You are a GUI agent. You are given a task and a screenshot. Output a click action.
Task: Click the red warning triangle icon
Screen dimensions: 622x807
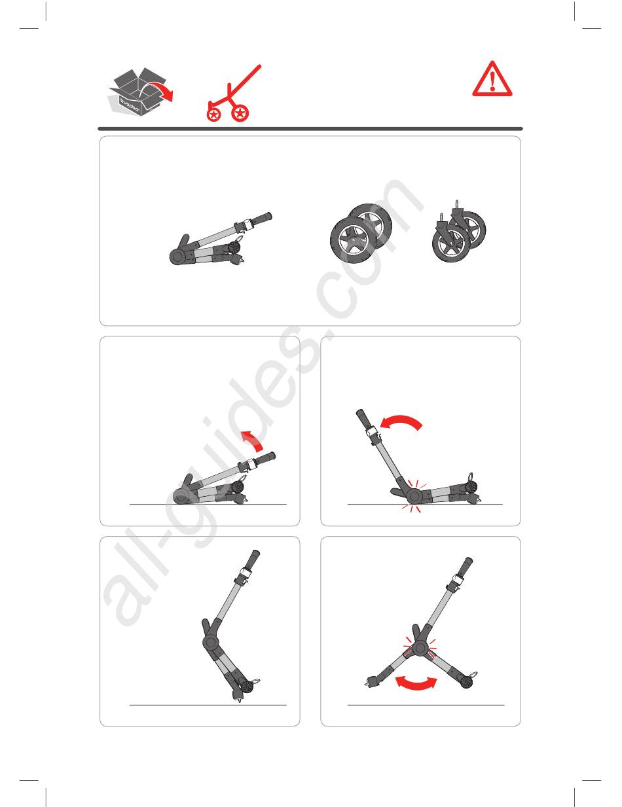pos(492,79)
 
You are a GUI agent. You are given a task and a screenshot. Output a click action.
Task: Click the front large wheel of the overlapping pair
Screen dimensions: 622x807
pos(353,240)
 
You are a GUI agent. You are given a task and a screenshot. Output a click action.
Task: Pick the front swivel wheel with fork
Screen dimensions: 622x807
pos(450,242)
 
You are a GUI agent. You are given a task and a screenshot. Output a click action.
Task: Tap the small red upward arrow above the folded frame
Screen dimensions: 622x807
pos(253,441)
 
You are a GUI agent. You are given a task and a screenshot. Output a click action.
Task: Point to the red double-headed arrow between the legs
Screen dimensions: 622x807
pos(416,683)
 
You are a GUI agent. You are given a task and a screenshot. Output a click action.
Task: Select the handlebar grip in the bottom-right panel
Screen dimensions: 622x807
pos(466,567)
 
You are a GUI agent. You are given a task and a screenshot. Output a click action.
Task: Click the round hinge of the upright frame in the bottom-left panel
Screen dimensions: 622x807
pos(211,641)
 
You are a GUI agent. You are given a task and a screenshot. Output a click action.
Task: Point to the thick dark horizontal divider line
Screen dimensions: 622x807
pos(310,129)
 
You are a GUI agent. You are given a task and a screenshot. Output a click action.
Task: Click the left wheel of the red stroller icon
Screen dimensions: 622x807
pos(213,115)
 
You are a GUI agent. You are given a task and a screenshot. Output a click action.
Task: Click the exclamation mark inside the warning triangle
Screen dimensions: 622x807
pos(492,82)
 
